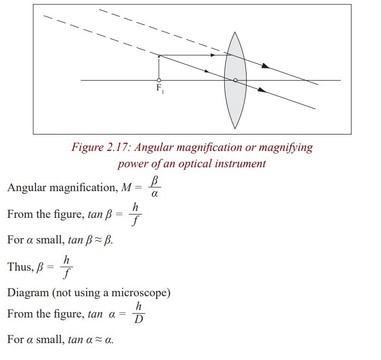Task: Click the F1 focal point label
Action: [160, 88]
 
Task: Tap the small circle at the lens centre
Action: [235, 80]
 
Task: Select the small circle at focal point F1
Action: [159, 80]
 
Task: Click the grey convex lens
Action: [235, 80]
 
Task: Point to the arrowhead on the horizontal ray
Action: [213, 55]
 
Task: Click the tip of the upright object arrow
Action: [159, 56]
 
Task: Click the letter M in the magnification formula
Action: [126, 188]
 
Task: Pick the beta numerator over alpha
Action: [155, 181]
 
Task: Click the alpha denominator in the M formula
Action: [155, 194]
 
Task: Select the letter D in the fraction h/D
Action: [139, 319]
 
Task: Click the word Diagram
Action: [28, 293]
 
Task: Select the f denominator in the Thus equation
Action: [66, 274]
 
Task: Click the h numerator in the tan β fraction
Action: [136, 208]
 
